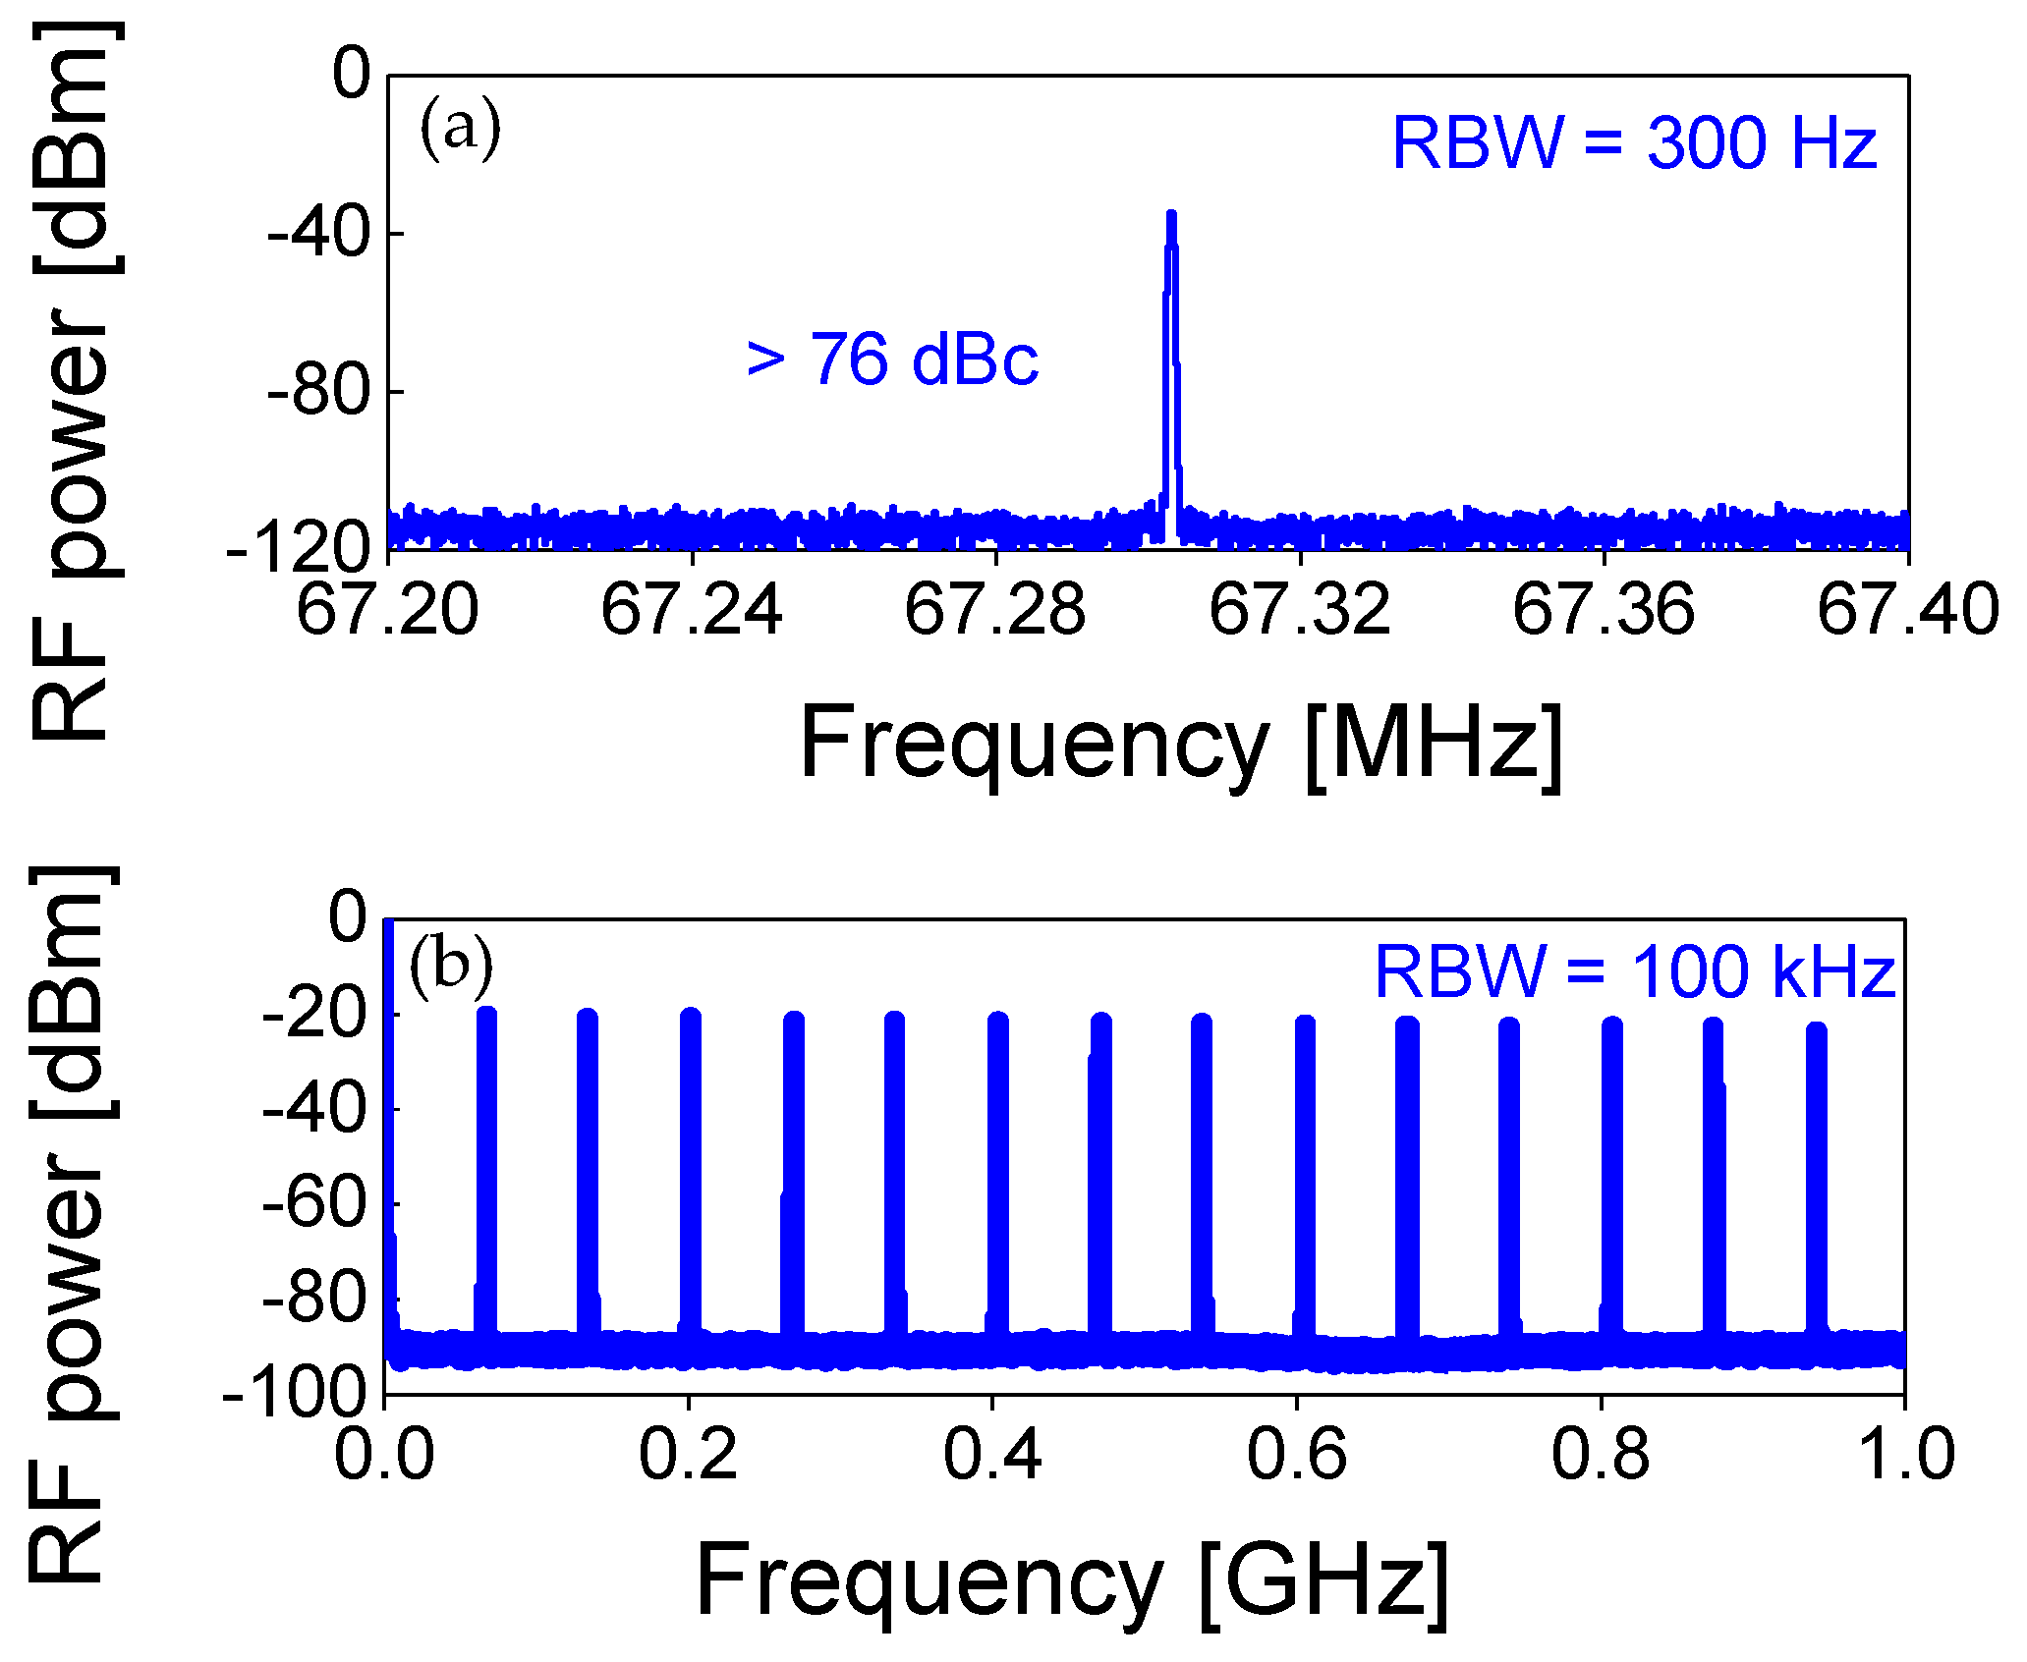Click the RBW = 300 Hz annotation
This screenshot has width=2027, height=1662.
point(1634,144)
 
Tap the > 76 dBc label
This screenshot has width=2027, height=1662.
point(892,360)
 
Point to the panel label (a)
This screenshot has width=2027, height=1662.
point(460,130)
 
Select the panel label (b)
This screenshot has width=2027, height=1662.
point(451,965)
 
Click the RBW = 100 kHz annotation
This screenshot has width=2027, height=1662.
point(1634,972)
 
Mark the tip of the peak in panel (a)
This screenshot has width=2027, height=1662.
point(1171,214)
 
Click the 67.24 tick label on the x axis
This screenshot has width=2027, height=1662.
point(692,610)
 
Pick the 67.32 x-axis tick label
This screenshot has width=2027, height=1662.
point(1299,610)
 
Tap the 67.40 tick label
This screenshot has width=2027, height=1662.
point(1907,610)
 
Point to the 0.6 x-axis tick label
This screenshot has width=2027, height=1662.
point(1297,1455)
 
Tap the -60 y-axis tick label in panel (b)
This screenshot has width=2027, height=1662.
point(313,1203)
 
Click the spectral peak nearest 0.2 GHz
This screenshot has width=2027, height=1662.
point(691,1017)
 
